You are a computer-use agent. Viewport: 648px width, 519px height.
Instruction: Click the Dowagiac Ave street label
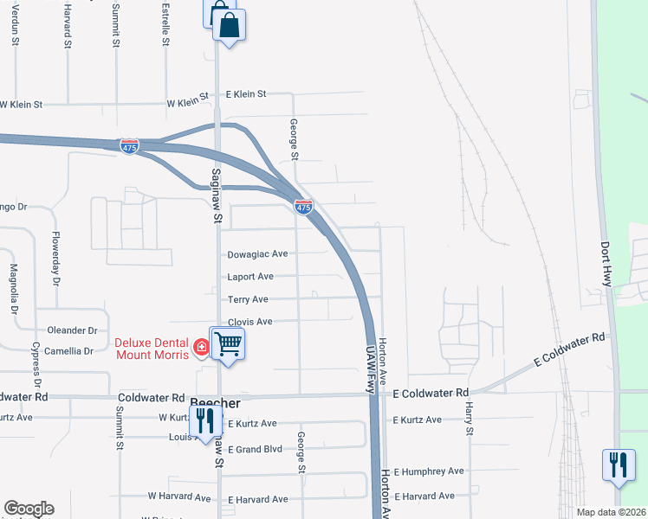click(256, 254)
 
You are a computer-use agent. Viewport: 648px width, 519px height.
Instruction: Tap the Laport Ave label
click(250, 277)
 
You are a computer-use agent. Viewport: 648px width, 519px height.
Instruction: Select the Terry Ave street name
click(247, 299)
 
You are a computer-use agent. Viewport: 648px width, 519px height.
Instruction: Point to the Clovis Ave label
click(249, 322)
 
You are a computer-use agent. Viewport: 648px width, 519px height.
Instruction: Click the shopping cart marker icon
click(227, 343)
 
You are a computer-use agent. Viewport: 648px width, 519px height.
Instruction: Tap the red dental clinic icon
click(201, 348)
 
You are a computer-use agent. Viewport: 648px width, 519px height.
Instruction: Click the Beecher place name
click(214, 404)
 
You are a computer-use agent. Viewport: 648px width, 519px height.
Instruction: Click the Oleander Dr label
click(73, 330)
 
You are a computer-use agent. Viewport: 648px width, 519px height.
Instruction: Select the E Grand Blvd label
click(255, 448)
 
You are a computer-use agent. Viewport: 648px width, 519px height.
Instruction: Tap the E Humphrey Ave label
click(429, 471)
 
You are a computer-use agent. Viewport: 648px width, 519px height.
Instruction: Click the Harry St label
click(469, 419)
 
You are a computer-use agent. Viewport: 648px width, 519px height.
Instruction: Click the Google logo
click(29, 509)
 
